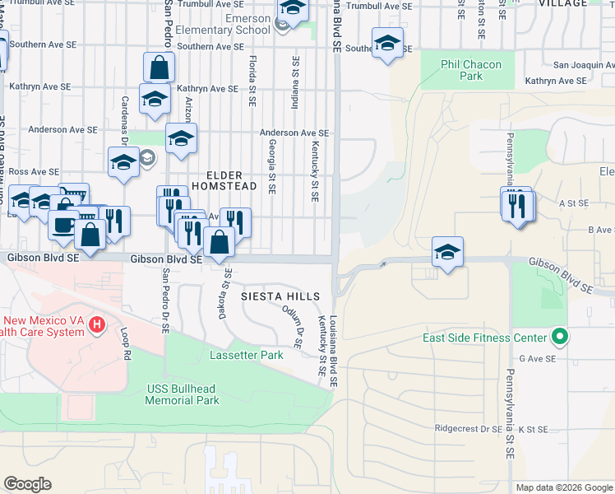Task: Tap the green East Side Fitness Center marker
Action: tap(559, 337)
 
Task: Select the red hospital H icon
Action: tap(97, 326)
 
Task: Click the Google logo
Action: tap(27, 484)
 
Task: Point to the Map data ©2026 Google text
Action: tap(563, 487)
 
